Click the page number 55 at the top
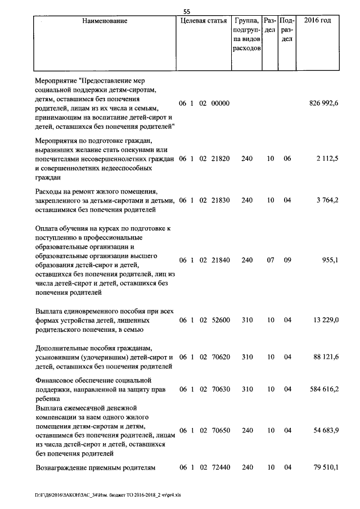tap(187, 10)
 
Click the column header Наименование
tap(105, 21)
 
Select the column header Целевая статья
tap(204, 21)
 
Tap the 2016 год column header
tap(317, 21)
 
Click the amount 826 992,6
tap(324, 103)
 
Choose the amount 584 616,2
tap(324, 389)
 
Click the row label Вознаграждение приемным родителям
tap(94, 467)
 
